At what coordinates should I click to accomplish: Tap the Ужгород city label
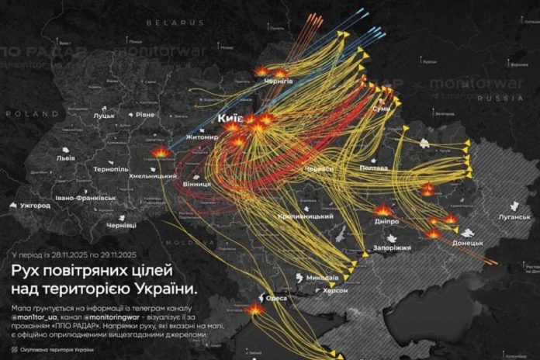click(34, 206)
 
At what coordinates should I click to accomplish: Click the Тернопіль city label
click(109, 168)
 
